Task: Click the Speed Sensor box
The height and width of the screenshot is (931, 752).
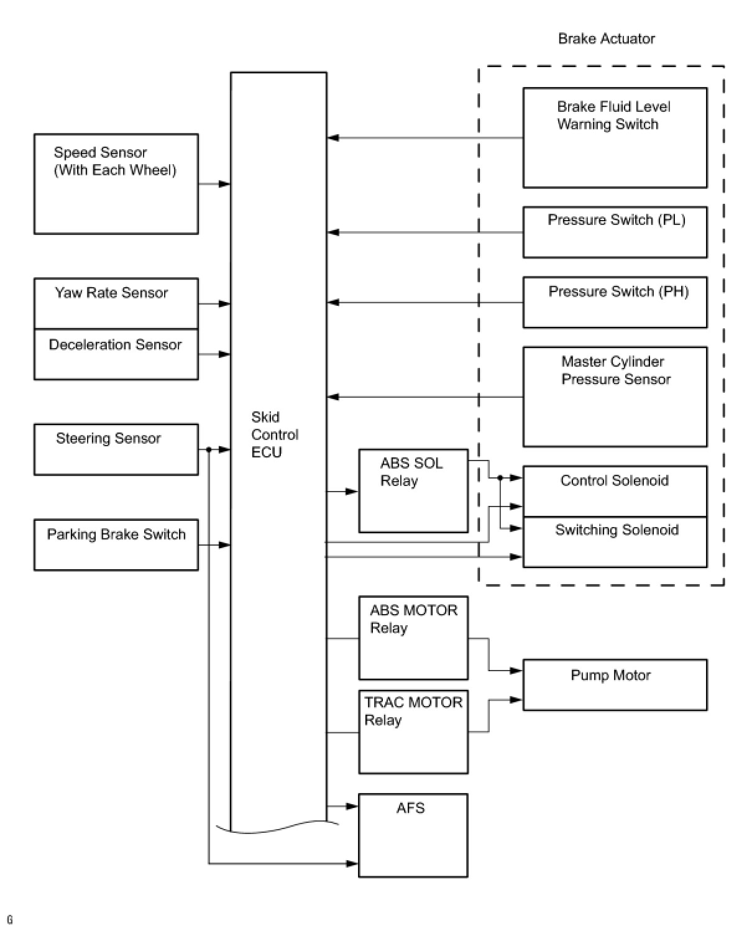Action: coord(116,184)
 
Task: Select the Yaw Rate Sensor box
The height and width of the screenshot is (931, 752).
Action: coord(116,303)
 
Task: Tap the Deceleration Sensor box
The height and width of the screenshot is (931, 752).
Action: coord(116,354)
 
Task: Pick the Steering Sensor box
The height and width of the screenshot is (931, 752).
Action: coord(116,449)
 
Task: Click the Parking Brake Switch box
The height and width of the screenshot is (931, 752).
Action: coord(116,544)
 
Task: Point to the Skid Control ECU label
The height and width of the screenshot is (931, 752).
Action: coord(275,434)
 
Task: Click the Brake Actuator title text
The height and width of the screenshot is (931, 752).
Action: coord(606,39)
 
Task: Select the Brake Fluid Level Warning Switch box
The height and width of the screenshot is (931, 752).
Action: coord(615,137)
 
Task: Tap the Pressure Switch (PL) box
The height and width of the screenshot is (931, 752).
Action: coord(615,232)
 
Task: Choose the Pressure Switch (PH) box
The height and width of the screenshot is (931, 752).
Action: coord(615,302)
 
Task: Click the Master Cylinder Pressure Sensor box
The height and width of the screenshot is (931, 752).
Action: coord(615,397)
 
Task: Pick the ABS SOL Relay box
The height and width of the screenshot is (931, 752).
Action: coord(413,491)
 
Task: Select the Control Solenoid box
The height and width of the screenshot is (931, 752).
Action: coord(615,491)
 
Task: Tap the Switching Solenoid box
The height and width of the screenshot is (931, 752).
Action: coord(615,542)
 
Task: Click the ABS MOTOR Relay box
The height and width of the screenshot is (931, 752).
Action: coord(413,638)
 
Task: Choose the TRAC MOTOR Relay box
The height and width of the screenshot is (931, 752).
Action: coord(413,732)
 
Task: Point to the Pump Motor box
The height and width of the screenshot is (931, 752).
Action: coord(615,685)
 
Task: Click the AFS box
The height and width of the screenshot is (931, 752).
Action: coord(413,835)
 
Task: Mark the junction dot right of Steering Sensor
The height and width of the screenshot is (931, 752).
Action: coord(209,449)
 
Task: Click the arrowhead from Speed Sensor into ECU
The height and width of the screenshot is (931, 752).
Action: coord(224,184)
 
